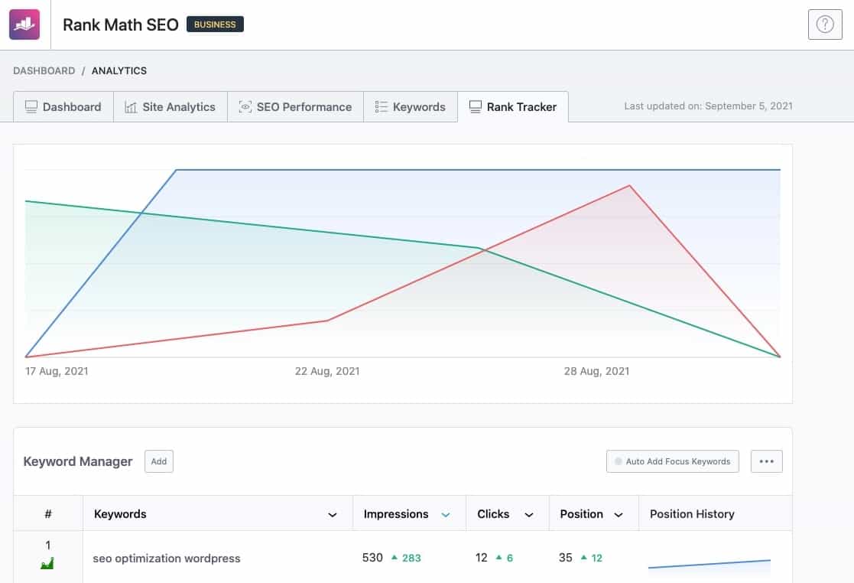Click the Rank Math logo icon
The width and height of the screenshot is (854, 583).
point(24,24)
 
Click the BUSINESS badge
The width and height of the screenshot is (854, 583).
point(215,24)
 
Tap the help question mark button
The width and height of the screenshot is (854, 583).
point(825,24)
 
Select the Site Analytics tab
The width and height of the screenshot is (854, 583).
point(170,107)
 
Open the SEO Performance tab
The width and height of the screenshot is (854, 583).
point(296,107)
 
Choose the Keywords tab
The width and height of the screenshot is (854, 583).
point(411,107)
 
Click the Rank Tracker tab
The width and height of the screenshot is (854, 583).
point(513,107)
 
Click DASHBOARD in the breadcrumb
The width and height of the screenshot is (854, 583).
point(44,71)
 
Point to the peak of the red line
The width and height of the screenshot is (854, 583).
point(630,186)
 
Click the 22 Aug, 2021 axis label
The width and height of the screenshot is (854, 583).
point(327,371)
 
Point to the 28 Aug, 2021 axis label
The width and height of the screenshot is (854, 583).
point(596,371)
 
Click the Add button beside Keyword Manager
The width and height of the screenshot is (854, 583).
point(159,461)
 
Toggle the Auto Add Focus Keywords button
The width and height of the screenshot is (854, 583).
point(673,461)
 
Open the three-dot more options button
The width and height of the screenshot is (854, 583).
point(767,461)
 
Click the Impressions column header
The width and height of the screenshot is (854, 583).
point(396,514)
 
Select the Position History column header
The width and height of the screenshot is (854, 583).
point(692,514)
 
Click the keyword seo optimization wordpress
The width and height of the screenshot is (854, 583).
point(167,559)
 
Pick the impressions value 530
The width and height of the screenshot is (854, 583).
point(372,558)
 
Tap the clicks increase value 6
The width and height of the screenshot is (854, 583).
point(510,558)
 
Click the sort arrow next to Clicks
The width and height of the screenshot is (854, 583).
point(529,515)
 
